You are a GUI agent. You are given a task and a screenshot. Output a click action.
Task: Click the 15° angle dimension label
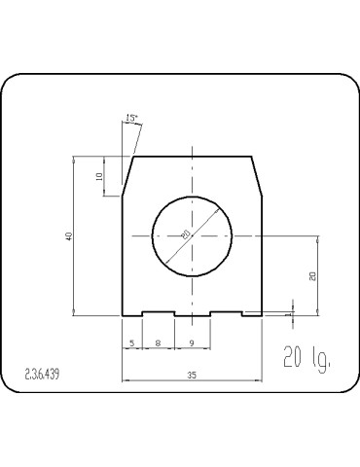pyautogui.click(x=132, y=119)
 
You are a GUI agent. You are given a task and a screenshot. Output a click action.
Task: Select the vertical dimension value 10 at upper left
pyautogui.click(x=99, y=176)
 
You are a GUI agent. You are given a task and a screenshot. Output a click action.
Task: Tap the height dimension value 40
pyautogui.click(x=69, y=236)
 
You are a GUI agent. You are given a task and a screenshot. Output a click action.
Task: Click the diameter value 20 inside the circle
pyautogui.click(x=185, y=233)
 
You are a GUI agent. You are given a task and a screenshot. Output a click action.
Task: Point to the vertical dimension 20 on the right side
pyautogui.click(x=311, y=275)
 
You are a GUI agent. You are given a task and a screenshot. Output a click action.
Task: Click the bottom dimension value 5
pyautogui.click(x=131, y=341)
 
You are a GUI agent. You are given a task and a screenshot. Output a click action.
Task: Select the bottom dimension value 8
pyautogui.click(x=158, y=341)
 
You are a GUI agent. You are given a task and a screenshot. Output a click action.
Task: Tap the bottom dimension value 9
pyautogui.click(x=192, y=341)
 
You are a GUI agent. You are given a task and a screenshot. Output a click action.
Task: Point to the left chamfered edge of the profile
pyautogui.click(x=126, y=176)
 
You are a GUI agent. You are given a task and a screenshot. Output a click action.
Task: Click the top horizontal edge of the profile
pyautogui.click(x=193, y=156)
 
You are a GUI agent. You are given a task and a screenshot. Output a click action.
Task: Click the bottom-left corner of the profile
pyautogui.click(x=122, y=315)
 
